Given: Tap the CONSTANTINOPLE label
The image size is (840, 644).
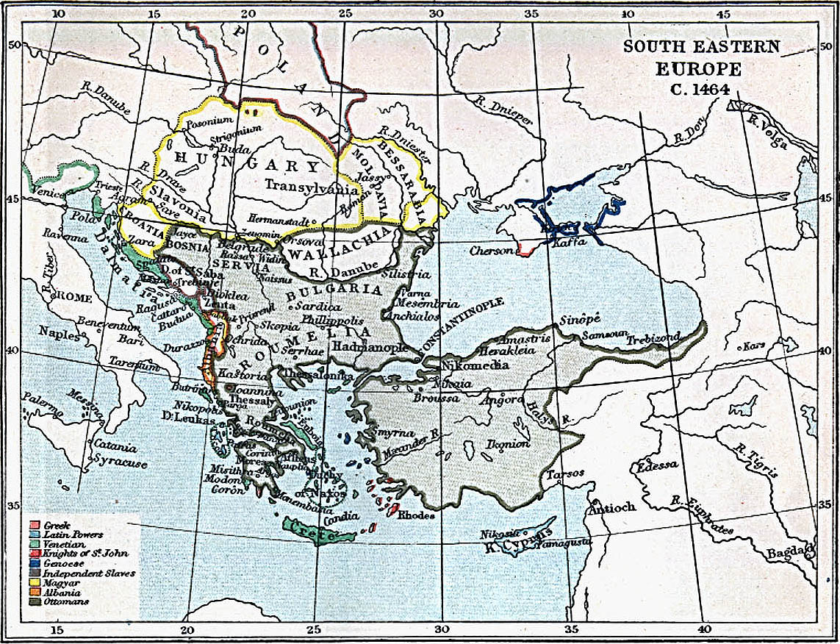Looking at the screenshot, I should pyautogui.click(x=462, y=325).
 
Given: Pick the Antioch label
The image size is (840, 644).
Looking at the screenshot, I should pyautogui.click(x=611, y=507).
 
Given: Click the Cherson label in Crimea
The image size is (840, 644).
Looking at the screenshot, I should pyautogui.click(x=492, y=251).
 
